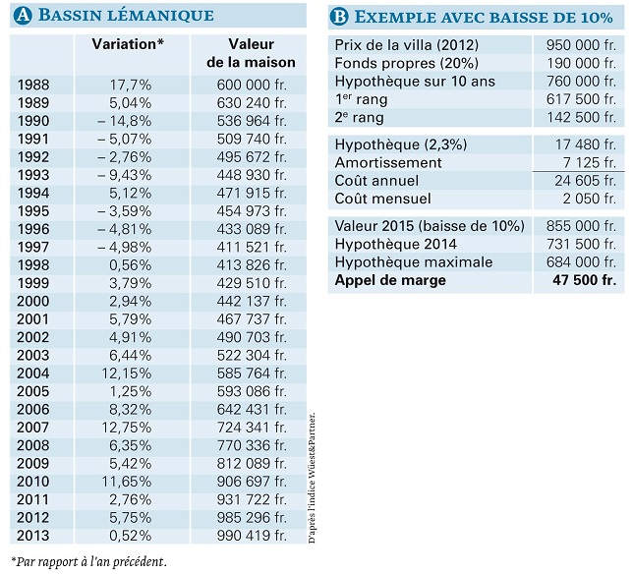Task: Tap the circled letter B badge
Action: point(339,15)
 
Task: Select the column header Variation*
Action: point(128,45)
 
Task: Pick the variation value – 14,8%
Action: point(126,121)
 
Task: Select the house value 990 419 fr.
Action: point(251,536)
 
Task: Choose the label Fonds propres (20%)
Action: point(399,64)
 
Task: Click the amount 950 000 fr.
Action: point(580,45)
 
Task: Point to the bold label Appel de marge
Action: point(390,280)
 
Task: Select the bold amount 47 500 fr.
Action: point(584,280)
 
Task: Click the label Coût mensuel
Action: point(382,199)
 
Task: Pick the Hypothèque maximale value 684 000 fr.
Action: point(580,262)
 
